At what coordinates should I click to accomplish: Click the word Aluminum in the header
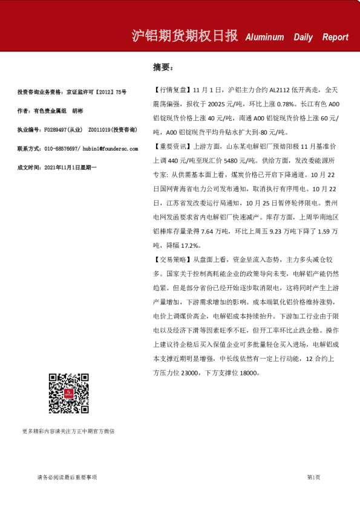[x=264, y=37]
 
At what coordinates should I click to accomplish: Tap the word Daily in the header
[x=303, y=37]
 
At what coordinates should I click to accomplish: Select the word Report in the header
[x=335, y=37]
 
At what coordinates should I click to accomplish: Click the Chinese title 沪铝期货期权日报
[x=186, y=36]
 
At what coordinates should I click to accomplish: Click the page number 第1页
[x=313, y=478]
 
